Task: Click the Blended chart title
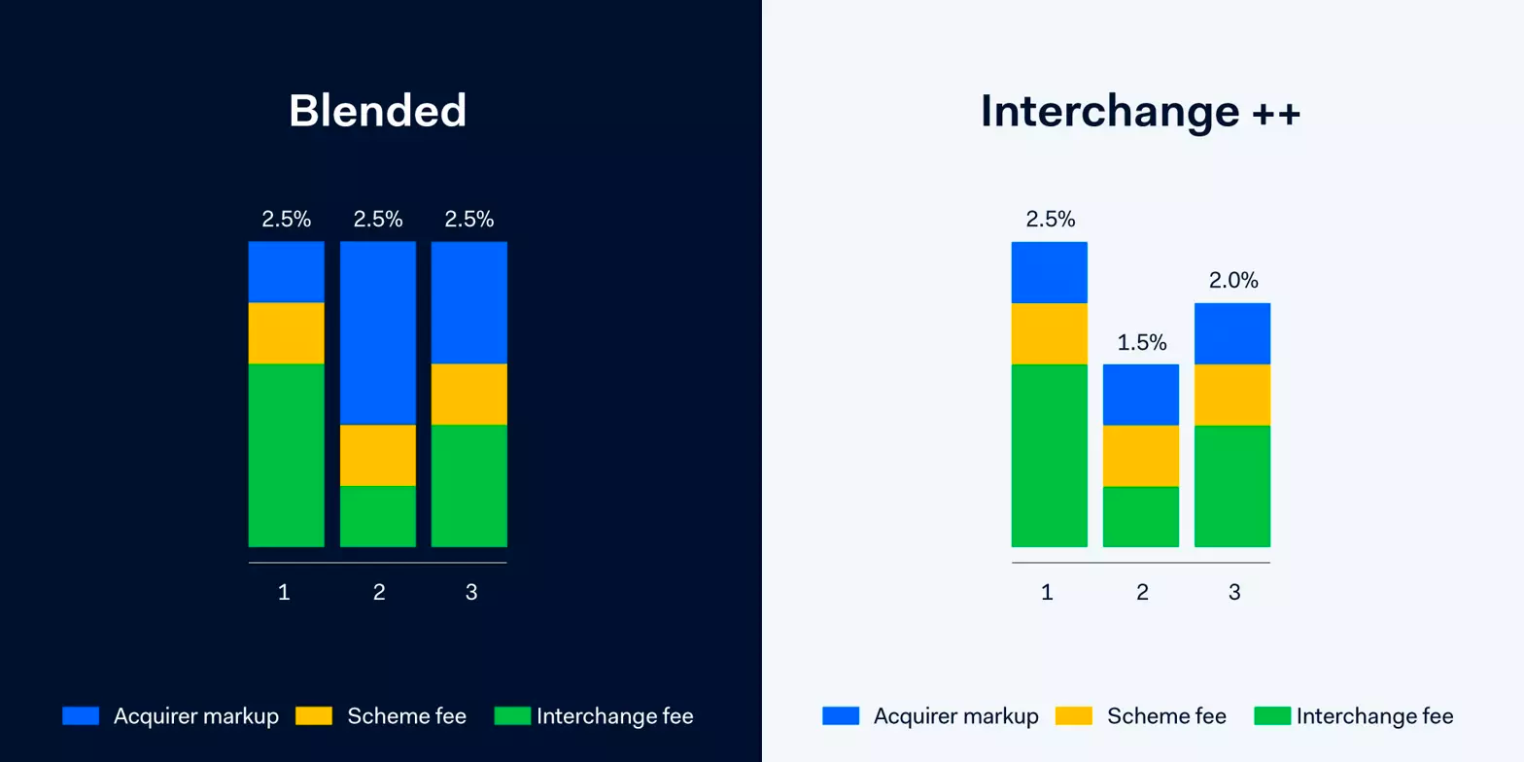pyautogui.click(x=377, y=111)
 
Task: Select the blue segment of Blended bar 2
pyautogui.click(x=377, y=333)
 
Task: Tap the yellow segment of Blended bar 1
pyautogui.click(x=287, y=333)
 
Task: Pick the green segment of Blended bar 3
pyautogui.click(x=469, y=486)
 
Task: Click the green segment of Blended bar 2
pyautogui.click(x=377, y=516)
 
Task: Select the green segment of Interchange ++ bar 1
pyautogui.click(x=1049, y=456)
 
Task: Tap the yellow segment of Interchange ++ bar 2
pyautogui.click(x=1141, y=456)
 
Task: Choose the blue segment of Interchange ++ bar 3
pyautogui.click(x=1232, y=334)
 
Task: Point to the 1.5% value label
pyautogui.click(x=1142, y=342)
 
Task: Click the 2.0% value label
pyautogui.click(x=1233, y=280)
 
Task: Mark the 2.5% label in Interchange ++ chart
pyautogui.click(x=1051, y=219)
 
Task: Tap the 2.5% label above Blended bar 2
pyautogui.click(x=377, y=219)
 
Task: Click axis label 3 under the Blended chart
pyautogui.click(x=471, y=593)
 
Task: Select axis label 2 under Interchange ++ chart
pyautogui.click(x=1142, y=593)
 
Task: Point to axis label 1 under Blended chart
pyautogui.click(x=285, y=593)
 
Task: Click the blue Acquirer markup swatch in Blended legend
pyautogui.click(x=81, y=715)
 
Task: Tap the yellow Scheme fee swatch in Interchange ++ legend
pyautogui.click(x=1074, y=715)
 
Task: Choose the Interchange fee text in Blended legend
pyautogui.click(x=615, y=716)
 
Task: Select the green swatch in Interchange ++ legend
pyautogui.click(x=1272, y=715)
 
